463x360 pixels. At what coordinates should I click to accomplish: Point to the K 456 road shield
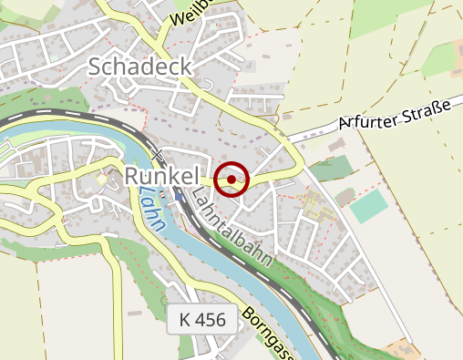tap(202, 320)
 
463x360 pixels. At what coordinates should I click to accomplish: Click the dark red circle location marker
tap(233, 180)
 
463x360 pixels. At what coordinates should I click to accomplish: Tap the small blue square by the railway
tap(178, 194)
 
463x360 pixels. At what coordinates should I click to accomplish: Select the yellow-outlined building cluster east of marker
tap(315, 204)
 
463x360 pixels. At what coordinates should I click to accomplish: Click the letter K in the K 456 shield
tap(186, 320)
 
